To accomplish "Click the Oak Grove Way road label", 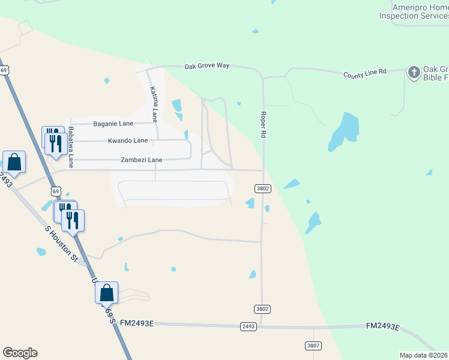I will [x=206, y=66].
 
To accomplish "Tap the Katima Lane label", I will [x=154, y=101].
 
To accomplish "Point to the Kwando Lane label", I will [x=127, y=141].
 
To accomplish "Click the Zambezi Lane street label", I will [x=141, y=160].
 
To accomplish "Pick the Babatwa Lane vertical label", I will [x=71, y=147].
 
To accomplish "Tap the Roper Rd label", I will [x=263, y=125].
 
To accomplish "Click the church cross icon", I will [x=414, y=73].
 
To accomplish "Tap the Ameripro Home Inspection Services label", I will [x=414, y=11].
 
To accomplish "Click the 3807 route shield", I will [x=313, y=346].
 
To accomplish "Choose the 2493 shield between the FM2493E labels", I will [x=249, y=326].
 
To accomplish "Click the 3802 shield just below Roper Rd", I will [x=262, y=188].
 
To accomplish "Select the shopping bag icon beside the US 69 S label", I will [x=106, y=293].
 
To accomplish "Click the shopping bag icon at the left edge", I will [x=14, y=162].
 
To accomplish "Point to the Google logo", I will [x=20, y=352].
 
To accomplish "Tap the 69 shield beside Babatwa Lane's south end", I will [x=55, y=191].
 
